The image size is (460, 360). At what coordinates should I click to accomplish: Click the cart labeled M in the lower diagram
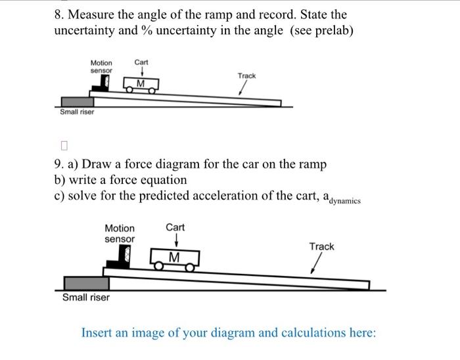[175, 258]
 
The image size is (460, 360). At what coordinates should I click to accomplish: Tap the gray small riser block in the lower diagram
[86, 282]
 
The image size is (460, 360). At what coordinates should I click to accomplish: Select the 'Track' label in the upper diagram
[246, 76]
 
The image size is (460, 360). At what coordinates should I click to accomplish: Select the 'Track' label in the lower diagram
[321, 246]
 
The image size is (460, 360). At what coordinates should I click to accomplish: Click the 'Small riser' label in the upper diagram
[77, 112]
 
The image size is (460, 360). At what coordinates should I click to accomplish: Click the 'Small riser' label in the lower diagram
[86, 298]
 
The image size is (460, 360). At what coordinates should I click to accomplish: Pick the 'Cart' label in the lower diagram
[175, 227]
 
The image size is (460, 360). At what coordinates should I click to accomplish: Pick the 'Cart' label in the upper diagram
[141, 62]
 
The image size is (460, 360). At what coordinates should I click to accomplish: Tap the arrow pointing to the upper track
[242, 89]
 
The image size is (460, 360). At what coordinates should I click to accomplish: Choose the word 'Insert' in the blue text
[99, 332]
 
